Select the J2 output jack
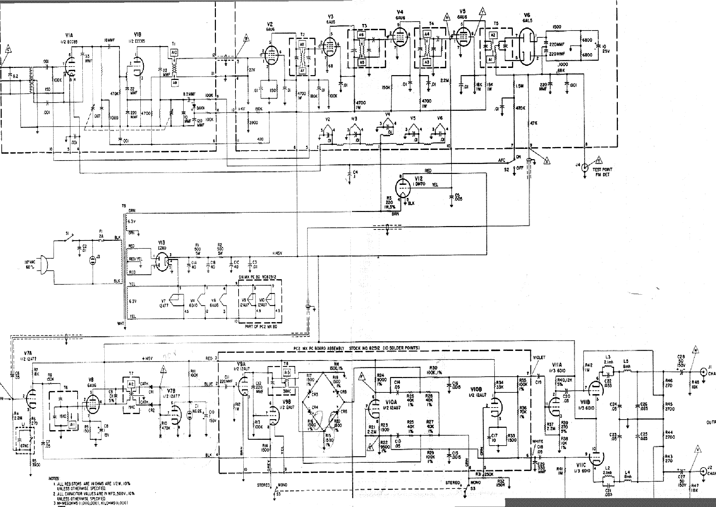pos(703,471)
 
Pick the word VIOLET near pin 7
pos(539,357)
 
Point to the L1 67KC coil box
pos(24,440)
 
